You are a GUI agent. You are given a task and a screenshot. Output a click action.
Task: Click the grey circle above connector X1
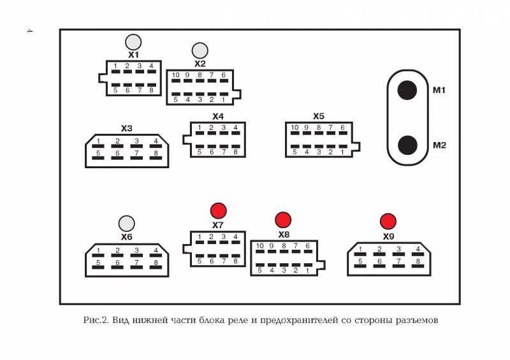click(x=133, y=42)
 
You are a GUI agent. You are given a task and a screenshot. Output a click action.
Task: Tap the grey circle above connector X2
click(x=200, y=51)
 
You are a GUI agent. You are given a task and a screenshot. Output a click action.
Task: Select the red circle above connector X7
click(x=218, y=211)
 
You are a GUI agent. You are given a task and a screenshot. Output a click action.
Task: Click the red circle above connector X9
click(x=388, y=222)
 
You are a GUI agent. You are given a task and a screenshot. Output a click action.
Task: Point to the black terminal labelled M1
click(x=407, y=90)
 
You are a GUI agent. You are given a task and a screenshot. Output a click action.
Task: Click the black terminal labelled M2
click(x=407, y=145)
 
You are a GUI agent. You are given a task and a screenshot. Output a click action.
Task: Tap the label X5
click(x=319, y=117)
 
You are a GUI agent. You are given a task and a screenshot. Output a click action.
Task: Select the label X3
click(x=126, y=129)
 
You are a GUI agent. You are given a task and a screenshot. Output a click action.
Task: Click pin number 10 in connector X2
click(x=176, y=75)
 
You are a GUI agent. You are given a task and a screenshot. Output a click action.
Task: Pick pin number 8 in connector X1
click(x=151, y=90)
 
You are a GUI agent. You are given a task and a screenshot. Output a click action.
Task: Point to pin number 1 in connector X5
click(x=342, y=152)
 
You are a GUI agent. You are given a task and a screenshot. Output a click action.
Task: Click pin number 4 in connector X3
click(x=156, y=141)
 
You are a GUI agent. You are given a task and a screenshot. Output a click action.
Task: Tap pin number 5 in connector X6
click(x=98, y=263)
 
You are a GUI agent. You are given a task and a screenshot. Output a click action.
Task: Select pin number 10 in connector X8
click(x=259, y=246)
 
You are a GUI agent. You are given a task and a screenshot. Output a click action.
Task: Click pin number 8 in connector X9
click(x=418, y=261)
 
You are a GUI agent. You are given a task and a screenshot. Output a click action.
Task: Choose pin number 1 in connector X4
click(x=200, y=128)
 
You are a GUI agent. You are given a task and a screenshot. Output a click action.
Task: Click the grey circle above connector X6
click(x=126, y=224)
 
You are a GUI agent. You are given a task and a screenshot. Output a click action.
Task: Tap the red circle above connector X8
click(x=283, y=220)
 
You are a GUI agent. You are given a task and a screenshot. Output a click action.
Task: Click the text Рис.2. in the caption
click(x=96, y=320)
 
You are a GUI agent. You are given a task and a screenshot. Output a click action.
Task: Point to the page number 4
click(x=29, y=31)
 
